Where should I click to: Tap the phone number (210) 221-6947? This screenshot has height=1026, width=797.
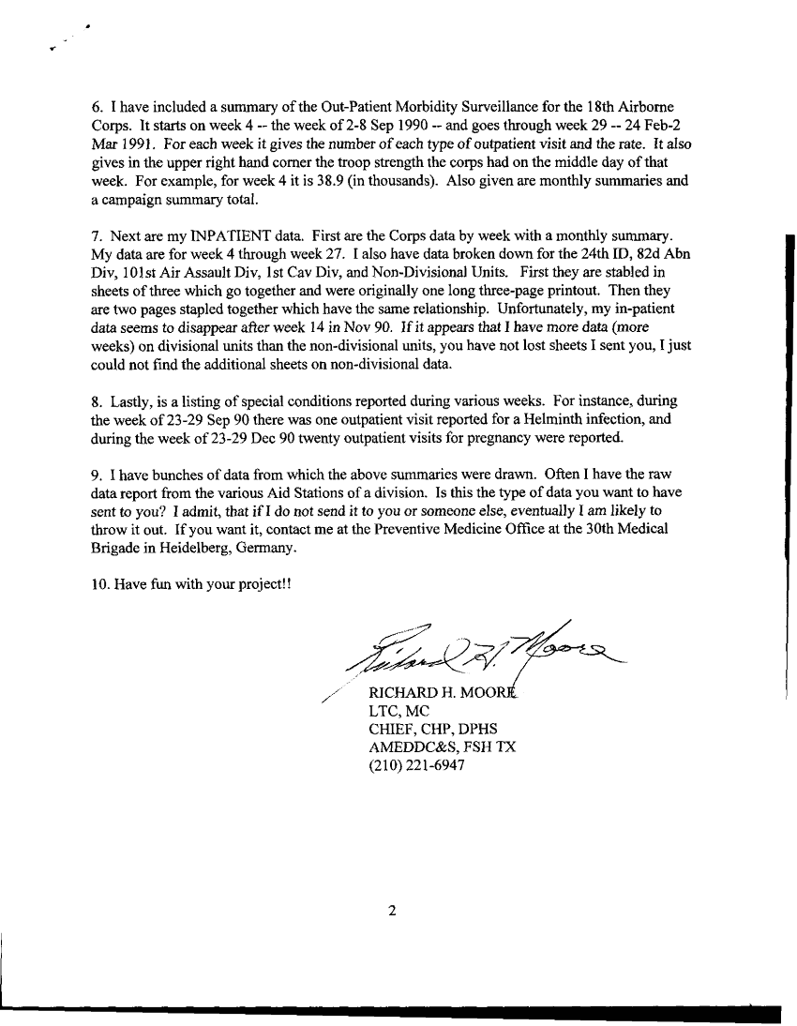[x=417, y=764]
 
